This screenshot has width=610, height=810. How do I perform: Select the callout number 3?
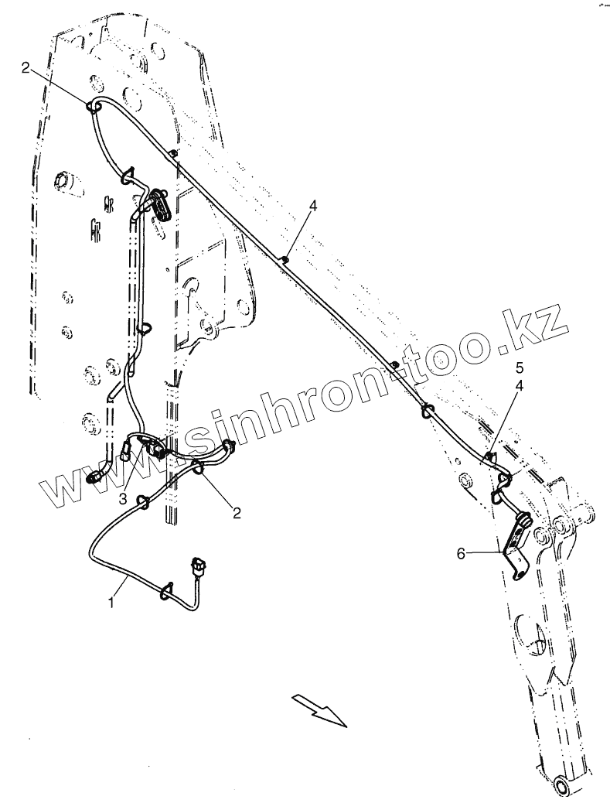(123, 499)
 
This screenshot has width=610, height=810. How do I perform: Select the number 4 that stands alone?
(312, 206)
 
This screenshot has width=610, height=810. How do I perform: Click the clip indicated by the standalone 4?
(285, 259)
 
